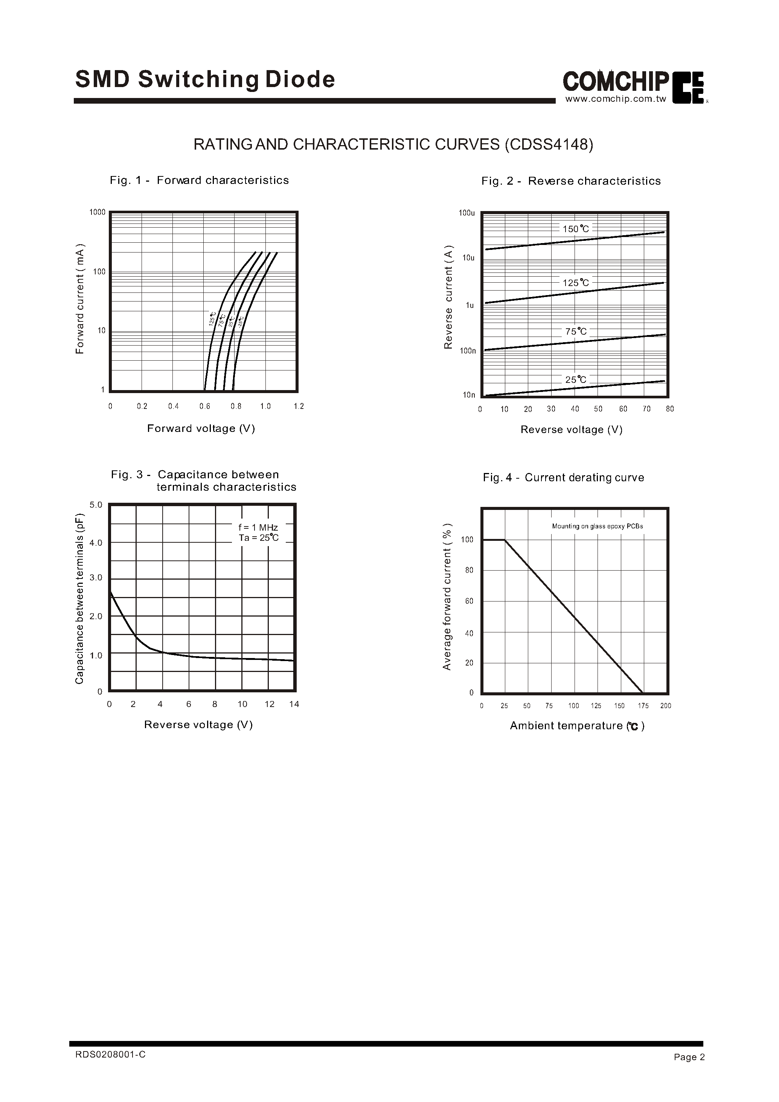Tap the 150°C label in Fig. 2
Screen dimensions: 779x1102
tap(576, 229)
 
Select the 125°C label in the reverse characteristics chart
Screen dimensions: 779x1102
tap(576, 283)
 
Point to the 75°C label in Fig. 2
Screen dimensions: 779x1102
tap(576, 331)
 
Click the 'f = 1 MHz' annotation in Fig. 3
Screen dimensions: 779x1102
tap(258, 528)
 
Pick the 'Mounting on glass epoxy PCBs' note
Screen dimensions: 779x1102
tap(597, 526)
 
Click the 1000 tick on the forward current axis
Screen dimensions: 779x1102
tap(98, 212)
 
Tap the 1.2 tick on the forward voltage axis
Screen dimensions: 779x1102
tap(299, 406)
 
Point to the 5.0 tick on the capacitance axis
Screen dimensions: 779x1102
tap(96, 505)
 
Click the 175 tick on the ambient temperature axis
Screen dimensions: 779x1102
tap(643, 706)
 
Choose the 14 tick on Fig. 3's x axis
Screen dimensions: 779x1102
tap(294, 704)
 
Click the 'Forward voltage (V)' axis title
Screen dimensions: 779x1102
tap(201, 428)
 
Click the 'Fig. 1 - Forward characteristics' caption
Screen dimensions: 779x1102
tap(199, 180)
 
